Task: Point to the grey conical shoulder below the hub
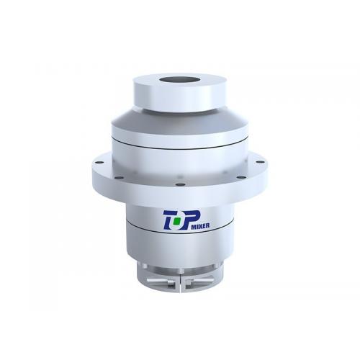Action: [x=179, y=122]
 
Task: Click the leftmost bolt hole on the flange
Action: [x=96, y=163]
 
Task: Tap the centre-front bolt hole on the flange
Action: [x=180, y=184]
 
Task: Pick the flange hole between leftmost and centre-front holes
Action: [x=119, y=178]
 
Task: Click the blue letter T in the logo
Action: [x=169, y=220]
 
